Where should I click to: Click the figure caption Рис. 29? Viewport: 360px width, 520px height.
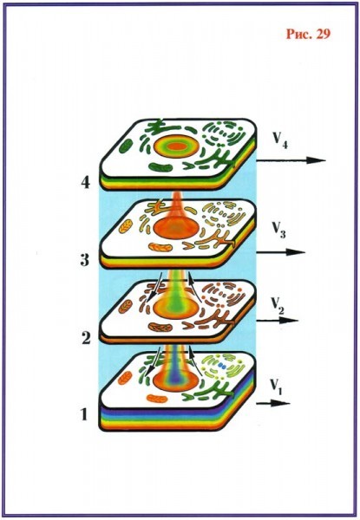coord(308,34)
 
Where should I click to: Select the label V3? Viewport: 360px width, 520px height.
coord(278,230)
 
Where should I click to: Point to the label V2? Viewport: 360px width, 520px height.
coord(278,305)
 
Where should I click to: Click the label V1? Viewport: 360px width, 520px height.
coord(276,387)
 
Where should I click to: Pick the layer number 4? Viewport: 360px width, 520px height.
coord(86,182)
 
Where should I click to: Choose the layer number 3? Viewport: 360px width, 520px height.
coord(85,260)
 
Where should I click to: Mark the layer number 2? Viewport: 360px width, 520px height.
coord(86,337)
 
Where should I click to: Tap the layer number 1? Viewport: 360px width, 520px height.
coord(84,414)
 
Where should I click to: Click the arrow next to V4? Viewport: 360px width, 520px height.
coord(291,161)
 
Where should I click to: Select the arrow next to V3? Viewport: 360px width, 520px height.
coord(280,252)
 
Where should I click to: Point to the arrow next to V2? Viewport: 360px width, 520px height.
coord(278,321)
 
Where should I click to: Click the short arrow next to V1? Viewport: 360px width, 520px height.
coord(273,404)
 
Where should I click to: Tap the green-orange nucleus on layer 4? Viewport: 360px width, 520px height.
coord(176,146)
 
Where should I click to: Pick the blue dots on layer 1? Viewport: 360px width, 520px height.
coord(222,366)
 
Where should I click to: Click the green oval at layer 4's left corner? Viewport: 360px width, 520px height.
coord(126,146)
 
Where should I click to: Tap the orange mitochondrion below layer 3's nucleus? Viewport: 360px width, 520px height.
coord(160,247)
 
